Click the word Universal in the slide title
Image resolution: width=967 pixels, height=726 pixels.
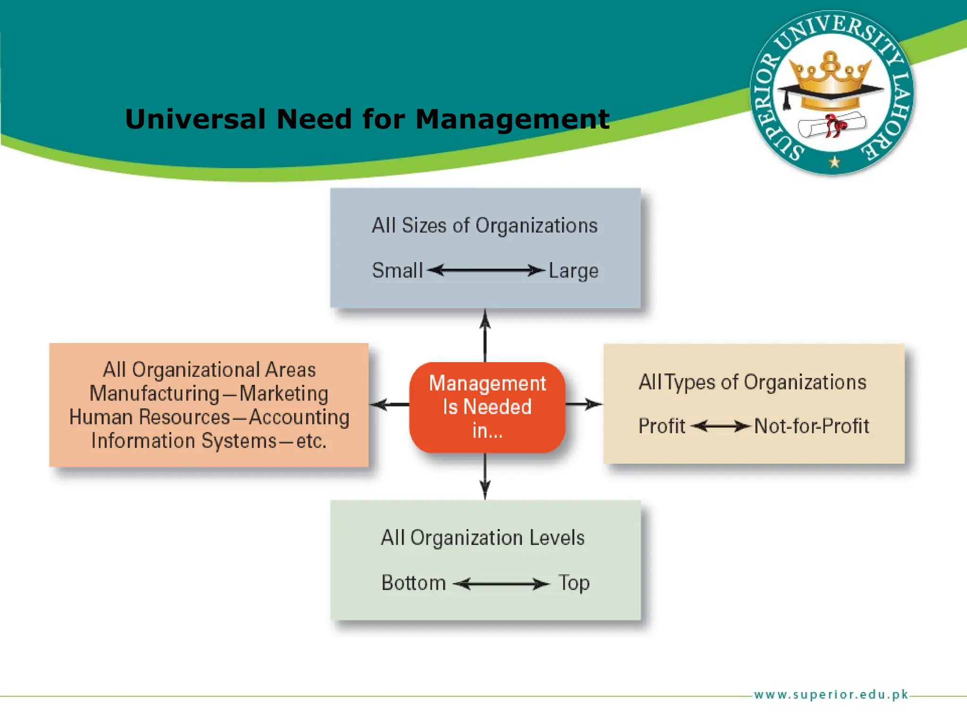(195, 119)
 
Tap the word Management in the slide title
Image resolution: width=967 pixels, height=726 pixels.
(512, 119)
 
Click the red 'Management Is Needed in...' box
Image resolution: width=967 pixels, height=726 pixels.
(487, 407)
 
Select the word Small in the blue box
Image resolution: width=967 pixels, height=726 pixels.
(397, 271)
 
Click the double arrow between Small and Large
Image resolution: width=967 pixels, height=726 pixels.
(486, 270)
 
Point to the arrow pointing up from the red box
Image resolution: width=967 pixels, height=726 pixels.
(485, 335)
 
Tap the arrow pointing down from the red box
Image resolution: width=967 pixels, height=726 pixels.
(485, 476)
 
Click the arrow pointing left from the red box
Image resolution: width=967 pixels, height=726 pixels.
(389, 405)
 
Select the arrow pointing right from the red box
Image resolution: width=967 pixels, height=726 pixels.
(584, 404)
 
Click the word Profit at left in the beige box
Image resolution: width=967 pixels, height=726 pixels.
(662, 426)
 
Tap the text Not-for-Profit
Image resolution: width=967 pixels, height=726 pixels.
(811, 426)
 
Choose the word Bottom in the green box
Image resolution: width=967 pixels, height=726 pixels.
(414, 583)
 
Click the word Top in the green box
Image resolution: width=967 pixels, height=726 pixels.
(574, 583)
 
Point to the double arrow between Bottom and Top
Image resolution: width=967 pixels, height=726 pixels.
(501, 584)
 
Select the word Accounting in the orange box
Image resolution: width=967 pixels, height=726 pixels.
(299, 417)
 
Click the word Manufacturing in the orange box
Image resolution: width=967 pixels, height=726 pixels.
(154, 394)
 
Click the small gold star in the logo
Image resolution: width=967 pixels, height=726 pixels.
(834, 163)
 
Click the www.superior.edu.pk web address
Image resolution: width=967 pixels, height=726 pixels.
(831, 694)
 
